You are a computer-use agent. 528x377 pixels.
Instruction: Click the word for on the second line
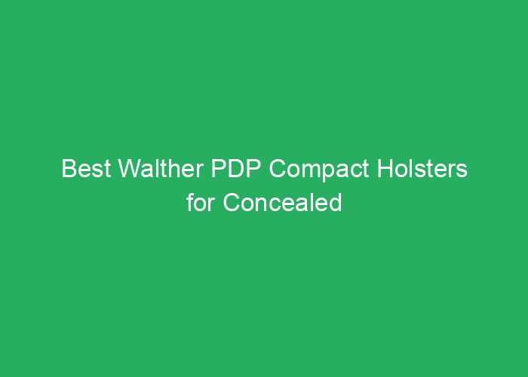click(200, 203)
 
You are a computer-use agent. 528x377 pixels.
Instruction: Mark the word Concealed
click(281, 203)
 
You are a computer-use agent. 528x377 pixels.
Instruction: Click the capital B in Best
click(68, 170)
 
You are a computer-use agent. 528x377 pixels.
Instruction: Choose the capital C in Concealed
click(230, 203)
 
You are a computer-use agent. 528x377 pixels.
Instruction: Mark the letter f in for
click(191, 203)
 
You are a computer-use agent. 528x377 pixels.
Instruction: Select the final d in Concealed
click(336, 203)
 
